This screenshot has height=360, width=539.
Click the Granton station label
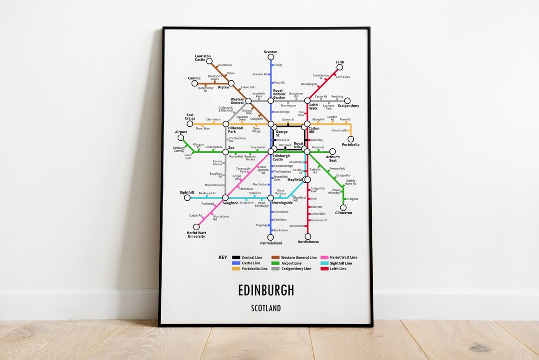[270, 52]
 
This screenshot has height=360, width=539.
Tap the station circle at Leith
[340, 68]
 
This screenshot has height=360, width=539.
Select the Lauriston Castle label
[203, 58]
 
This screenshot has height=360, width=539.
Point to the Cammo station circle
[195, 83]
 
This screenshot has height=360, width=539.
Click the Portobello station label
[350, 145]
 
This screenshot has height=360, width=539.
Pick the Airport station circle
[181, 138]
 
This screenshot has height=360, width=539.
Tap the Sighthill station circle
[187, 198]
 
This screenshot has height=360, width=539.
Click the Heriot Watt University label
[196, 235]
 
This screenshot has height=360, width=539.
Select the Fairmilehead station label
[271, 243]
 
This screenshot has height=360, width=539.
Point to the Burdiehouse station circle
[307, 237]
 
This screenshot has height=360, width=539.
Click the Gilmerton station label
[343, 213]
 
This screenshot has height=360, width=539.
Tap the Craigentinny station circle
[347, 100]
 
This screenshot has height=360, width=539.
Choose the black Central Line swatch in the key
[236, 258]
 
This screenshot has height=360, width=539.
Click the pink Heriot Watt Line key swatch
[324, 258]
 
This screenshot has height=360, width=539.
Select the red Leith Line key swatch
[324, 269]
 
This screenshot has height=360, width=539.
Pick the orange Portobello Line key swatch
[236, 269]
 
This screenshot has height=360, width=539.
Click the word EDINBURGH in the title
[266, 290]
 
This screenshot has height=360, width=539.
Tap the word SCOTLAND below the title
[266, 308]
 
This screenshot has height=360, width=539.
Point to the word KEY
[223, 258]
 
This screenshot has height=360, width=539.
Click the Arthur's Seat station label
[333, 159]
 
